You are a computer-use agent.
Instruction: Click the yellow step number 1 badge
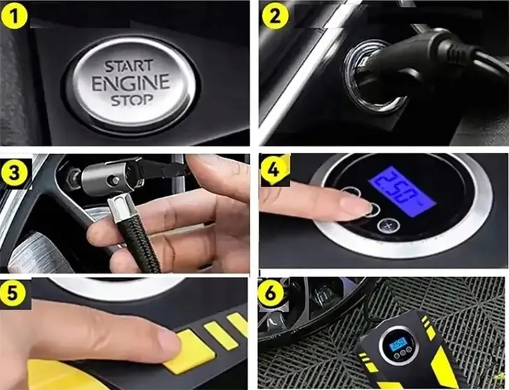[x=15, y=15]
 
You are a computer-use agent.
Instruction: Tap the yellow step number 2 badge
[x=275, y=15]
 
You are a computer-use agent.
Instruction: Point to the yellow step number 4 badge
[x=275, y=169]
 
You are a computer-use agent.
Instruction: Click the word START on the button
[x=128, y=65]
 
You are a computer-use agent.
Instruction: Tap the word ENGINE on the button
[x=130, y=83]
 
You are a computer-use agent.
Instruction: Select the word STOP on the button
[x=132, y=100]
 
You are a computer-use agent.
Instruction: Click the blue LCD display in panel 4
[x=402, y=190]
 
